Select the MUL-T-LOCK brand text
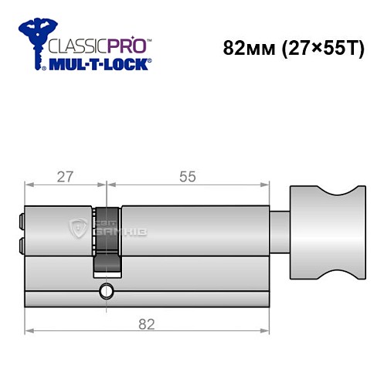point(100,63)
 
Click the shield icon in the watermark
point(77,229)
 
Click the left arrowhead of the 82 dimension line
point(29,332)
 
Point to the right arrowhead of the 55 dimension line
point(270,185)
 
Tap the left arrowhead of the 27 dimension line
point(29,185)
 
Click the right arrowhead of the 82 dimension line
point(270,332)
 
